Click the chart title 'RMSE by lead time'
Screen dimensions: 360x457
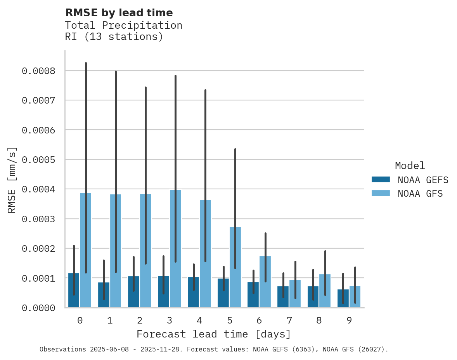click(x=119, y=13)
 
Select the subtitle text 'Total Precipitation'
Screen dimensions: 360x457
click(x=123, y=25)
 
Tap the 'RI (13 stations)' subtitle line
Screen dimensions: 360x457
click(x=114, y=37)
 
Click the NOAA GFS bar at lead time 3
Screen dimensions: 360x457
click(x=175, y=248)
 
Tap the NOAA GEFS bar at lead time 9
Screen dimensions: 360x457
click(x=343, y=298)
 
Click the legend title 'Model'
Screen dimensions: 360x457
click(x=410, y=166)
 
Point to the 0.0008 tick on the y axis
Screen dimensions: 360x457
click(x=38, y=71)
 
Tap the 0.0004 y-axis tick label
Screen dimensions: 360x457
click(x=38, y=189)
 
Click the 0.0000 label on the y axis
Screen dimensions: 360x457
click(x=38, y=308)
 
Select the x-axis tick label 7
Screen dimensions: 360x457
click(x=289, y=320)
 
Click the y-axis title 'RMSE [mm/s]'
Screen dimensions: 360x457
click(x=12, y=180)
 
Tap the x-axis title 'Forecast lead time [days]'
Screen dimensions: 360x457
click(x=213, y=334)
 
